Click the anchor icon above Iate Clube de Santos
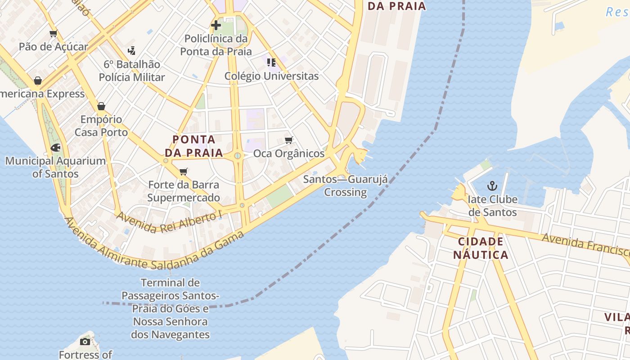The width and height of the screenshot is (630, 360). pyautogui.click(x=493, y=185)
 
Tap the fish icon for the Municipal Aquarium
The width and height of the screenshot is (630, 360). pyautogui.click(x=56, y=147)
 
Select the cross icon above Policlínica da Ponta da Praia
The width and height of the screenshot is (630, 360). pyautogui.click(x=216, y=25)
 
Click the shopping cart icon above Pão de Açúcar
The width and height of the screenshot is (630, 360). pyautogui.click(x=54, y=33)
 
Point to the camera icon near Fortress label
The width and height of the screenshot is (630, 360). pyautogui.click(x=85, y=342)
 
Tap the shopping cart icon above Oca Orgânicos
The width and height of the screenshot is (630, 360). pyautogui.click(x=289, y=140)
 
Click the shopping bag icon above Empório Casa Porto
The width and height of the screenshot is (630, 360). pyautogui.click(x=101, y=106)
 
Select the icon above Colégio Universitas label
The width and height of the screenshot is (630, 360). pyautogui.click(x=271, y=62)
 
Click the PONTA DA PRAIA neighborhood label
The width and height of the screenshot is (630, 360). pyautogui.click(x=194, y=146)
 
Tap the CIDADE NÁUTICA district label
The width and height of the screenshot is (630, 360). pyautogui.click(x=481, y=248)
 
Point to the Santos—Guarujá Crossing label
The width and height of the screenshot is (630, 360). pyautogui.click(x=345, y=186)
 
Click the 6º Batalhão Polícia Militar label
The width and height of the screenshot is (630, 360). pyautogui.click(x=132, y=71)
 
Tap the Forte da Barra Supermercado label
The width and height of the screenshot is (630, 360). pyautogui.click(x=184, y=191)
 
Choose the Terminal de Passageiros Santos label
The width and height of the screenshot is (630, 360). pyautogui.click(x=170, y=309)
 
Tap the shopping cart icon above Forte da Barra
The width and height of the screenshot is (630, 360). pyautogui.click(x=183, y=171)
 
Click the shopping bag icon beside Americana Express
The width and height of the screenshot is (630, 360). pyautogui.click(x=38, y=81)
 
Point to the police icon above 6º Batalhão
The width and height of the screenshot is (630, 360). pyautogui.click(x=131, y=50)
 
